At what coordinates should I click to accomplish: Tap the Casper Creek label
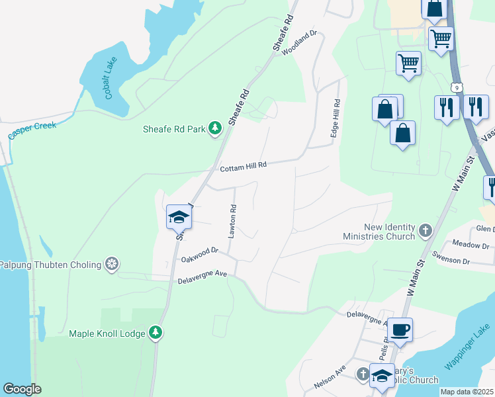click(x=32, y=130)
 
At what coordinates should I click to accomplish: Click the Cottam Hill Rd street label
click(x=243, y=166)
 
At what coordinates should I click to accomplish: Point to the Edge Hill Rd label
click(x=336, y=119)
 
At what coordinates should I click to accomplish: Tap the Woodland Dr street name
click(x=300, y=42)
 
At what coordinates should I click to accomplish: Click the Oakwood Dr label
click(x=199, y=255)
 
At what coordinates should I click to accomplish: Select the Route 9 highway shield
click(x=456, y=87)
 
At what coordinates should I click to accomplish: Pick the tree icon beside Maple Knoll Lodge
click(x=156, y=333)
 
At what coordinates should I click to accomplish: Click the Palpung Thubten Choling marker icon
click(x=113, y=265)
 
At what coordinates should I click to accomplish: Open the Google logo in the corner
click(x=22, y=389)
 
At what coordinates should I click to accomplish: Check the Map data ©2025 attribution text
click(x=467, y=392)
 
